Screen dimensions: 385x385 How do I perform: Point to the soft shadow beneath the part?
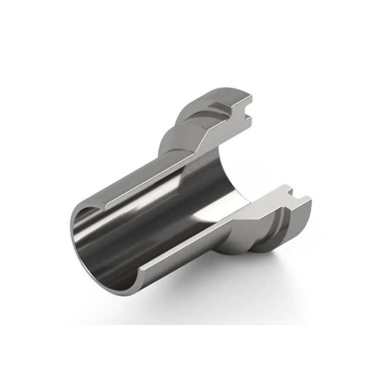[231, 286]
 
